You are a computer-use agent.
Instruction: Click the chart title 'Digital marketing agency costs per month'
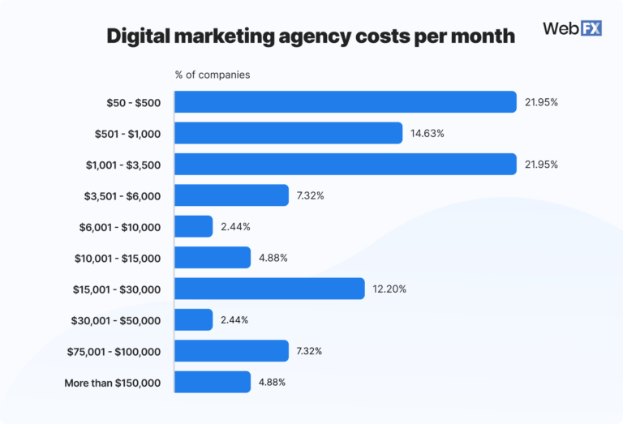pyautogui.click(x=311, y=36)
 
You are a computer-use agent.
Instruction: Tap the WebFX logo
pyautogui.click(x=572, y=29)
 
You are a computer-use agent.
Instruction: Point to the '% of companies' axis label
pyautogui.click(x=213, y=75)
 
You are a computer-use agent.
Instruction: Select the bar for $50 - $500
pyautogui.click(x=346, y=102)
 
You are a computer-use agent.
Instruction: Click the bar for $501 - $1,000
pyautogui.click(x=289, y=133)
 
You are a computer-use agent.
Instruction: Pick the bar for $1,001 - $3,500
pyautogui.click(x=346, y=165)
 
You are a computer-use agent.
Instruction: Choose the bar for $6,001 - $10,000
pyautogui.click(x=194, y=226)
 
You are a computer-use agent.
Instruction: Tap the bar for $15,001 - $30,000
pyautogui.click(x=270, y=289)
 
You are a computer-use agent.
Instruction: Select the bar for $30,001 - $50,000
pyautogui.click(x=194, y=319)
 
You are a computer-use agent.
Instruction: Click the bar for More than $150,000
pyautogui.click(x=213, y=382)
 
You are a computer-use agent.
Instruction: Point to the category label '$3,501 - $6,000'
pyautogui.click(x=122, y=195)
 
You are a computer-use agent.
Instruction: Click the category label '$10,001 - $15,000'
pyautogui.click(x=117, y=258)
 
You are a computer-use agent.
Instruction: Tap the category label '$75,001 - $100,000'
pyautogui.click(x=114, y=351)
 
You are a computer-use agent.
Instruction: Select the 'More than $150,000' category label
pyautogui.click(x=112, y=382)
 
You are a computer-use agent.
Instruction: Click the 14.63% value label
pyautogui.click(x=428, y=133)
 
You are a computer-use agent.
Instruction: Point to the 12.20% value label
pyautogui.click(x=389, y=289)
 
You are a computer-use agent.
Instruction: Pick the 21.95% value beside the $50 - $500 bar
pyautogui.click(x=541, y=102)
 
